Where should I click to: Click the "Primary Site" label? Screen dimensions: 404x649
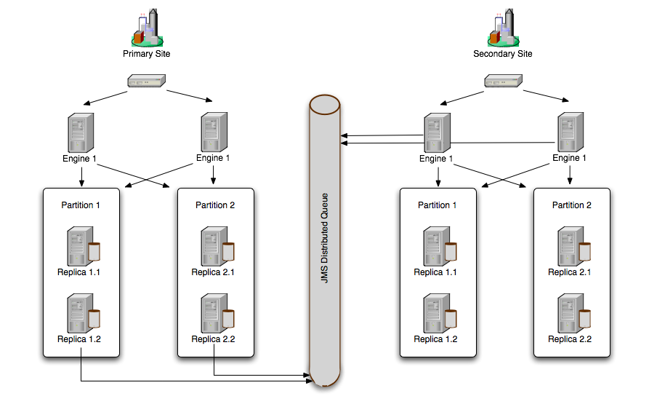coord(146,54)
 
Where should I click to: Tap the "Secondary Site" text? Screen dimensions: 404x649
coord(502,54)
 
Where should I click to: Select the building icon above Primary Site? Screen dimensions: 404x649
coord(146,28)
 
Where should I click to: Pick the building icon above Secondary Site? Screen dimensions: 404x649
coord(502,28)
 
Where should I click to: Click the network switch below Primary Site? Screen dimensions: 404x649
coord(146,82)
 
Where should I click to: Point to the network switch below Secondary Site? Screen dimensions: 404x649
coord(502,82)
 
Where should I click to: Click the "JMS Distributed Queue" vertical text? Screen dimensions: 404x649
coord(325,237)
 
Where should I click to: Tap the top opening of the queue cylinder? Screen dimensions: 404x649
coord(325,104)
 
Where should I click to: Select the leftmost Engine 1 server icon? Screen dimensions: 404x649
coord(81,132)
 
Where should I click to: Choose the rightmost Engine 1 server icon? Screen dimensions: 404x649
coord(570,132)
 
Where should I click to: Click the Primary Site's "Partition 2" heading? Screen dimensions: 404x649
coord(215,205)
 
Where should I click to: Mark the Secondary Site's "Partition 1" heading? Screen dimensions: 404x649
coord(438,205)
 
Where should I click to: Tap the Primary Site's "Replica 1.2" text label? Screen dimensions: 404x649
coord(79,339)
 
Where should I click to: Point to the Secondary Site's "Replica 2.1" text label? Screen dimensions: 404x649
coord(570,273)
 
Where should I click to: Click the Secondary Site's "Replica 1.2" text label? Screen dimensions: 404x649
coord(435,339)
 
